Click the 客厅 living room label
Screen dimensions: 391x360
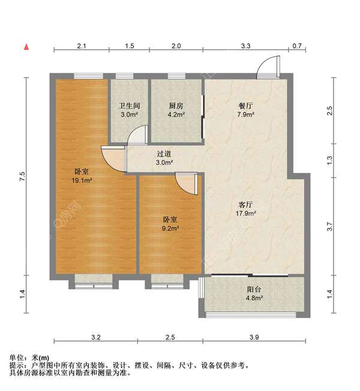pyautogui.click(x=246, y=204)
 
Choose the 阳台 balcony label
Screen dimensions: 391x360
pyautogui.click(x=254, y=289)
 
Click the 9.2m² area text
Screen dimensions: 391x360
pyautogui.click(x=170, y=228)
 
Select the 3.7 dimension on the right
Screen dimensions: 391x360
pyautogui.click(x=329, y=227)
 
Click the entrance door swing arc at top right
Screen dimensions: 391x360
pyautogui.click(x=268, y=66)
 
